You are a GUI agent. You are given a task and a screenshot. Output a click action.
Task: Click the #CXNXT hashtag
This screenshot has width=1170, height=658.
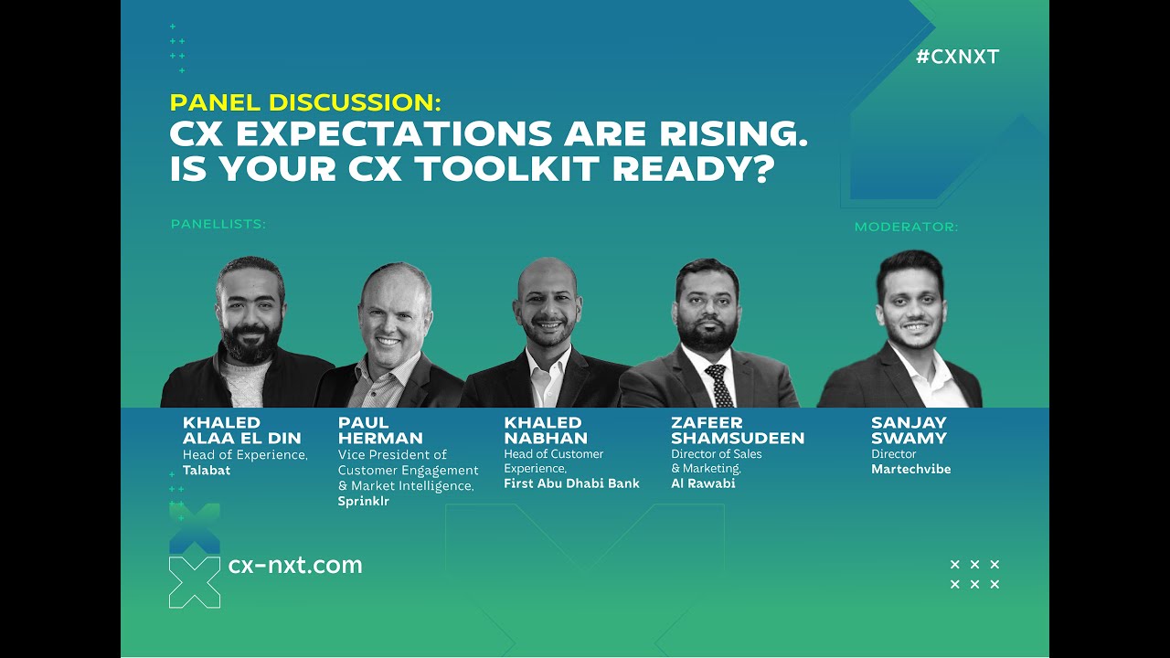click(x=957, y=57)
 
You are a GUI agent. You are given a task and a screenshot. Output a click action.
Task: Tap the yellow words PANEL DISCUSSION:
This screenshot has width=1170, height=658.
click(x=305, y=102)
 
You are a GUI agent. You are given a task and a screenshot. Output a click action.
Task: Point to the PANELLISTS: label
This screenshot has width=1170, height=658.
click(x=218, y=224)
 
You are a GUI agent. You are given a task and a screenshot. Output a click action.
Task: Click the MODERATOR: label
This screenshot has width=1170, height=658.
click(x=906, y=227)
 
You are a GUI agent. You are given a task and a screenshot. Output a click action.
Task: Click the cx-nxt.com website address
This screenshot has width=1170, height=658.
click(x=295, y=565)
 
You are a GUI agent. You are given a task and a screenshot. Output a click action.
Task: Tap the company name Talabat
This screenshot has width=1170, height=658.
click(x=207, y=471)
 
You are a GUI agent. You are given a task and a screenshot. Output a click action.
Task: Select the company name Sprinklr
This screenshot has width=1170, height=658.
click(x=363, y=502)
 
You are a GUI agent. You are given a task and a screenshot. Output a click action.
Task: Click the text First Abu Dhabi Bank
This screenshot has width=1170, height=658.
click(x=571, y=483)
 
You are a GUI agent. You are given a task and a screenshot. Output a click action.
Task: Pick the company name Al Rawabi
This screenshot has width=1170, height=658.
click(x=703, y=483)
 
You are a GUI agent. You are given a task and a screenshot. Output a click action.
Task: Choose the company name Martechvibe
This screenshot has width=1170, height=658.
click(x=910, y=469)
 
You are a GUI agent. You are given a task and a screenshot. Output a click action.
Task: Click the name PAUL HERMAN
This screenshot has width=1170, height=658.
click(x=380, y=430)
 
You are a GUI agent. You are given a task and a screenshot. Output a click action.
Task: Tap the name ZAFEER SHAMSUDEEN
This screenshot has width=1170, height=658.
click(x=737, y=430)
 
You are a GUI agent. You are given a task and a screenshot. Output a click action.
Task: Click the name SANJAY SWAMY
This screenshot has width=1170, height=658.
click(x=909, y=430)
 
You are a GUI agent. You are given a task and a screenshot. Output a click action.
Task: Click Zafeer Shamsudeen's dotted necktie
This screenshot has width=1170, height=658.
click(x=720, y=387)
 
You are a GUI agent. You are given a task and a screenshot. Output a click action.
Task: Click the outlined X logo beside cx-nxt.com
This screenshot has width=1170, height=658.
click(x=195, y=582)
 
